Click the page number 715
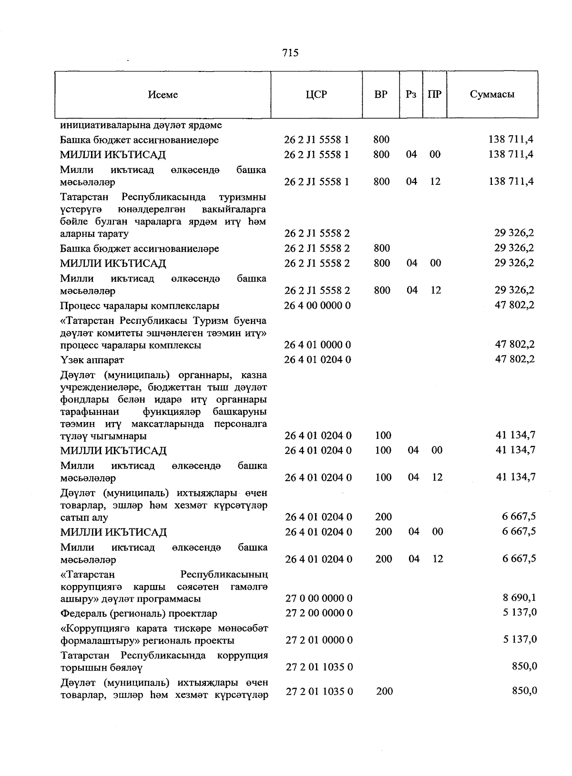point(290,53)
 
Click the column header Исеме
point(163,94)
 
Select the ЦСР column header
point(317,94)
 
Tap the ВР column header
point(381,94)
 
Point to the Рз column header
point(411,94)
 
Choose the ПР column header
point(434,94)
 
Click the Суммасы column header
point(492,94)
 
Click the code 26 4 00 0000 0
point(317,305)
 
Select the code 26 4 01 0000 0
point(317,345)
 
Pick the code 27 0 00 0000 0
point(319,599)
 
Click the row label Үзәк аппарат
point(92,360)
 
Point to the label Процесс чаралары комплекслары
point(140,306)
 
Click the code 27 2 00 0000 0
point(319,613)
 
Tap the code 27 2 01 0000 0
point(319,640)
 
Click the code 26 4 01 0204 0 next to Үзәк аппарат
point(317,360)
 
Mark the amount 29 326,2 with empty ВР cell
point(514,233)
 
